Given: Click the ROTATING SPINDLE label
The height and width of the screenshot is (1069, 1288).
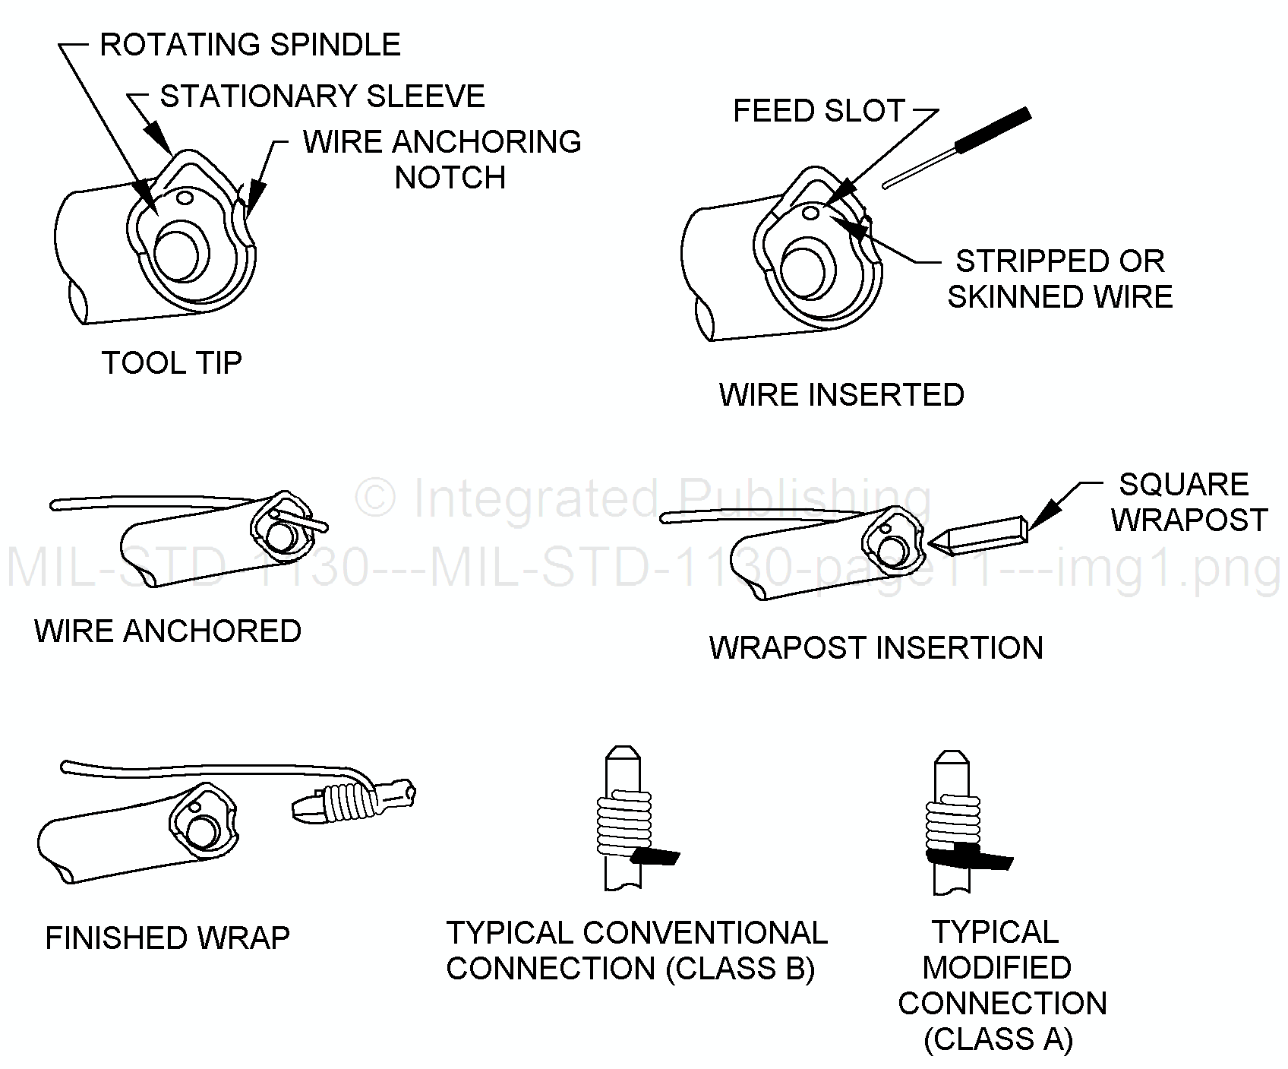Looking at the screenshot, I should pos(250,45).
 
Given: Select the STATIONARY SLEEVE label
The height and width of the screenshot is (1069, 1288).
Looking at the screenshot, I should pos(323,96).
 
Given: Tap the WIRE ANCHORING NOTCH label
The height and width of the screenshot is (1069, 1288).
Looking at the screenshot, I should pos(443,160).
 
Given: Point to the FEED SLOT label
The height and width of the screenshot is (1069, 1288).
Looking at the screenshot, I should pos(819,111).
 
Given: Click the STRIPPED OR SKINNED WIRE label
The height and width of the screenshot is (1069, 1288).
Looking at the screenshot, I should pos(1060,278).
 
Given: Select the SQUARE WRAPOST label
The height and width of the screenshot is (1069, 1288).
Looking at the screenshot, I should pos(1189,501).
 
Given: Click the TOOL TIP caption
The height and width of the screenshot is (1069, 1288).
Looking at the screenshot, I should pos(172,363).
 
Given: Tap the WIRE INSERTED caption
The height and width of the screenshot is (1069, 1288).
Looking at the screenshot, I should pos(841,394).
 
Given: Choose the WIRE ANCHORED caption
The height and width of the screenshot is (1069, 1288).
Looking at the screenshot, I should pos(168,631).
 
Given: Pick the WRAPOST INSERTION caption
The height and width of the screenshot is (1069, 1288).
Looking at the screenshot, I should pos(876,647).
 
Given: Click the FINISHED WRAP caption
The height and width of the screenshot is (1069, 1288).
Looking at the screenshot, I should pos(168,938).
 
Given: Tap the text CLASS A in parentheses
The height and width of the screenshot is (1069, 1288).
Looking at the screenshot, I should pos(998,1039).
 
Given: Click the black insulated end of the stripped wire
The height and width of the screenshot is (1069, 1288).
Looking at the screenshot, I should pos(993,130).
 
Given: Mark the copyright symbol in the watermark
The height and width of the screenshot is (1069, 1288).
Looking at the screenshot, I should pos(376,499).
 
